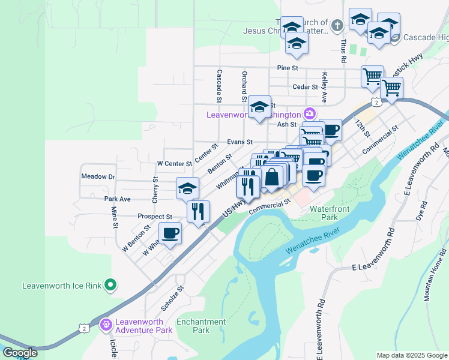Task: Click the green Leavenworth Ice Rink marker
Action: [x=110, y=286]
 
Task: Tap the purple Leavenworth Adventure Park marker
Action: [x=106, y=325]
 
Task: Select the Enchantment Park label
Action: [x=201, y=326]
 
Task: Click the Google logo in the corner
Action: [x=20, y=353]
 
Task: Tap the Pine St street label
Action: [x=288, y=68]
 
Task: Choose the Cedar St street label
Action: [x=304, y=87]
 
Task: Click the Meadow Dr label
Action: [x=97, y=177]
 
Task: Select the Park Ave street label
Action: [x=117, y=199]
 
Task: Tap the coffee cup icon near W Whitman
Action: [x=170, y=233]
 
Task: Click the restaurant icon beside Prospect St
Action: [x=197, y=211]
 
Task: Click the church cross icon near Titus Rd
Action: [x=337, y=26]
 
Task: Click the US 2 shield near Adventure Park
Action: [x=85, y=327]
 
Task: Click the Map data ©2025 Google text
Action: [x=412, y=355]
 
